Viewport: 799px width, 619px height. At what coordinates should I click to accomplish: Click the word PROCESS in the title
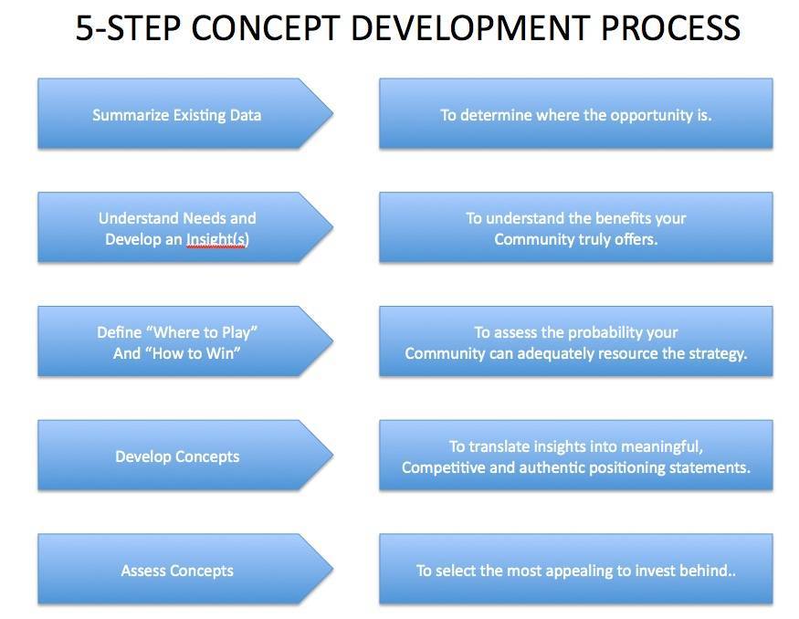pyautogui.click(x=670, y=28)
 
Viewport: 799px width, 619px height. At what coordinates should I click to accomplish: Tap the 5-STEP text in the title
pyautogui.click(x=128, y=28)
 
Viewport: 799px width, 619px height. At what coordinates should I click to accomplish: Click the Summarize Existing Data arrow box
pyautogui.click(x=185, y=113)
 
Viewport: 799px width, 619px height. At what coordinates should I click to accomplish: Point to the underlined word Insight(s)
pyautogui.click(x=217, y=239)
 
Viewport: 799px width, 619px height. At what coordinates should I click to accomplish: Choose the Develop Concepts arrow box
pyautogui.click(x=185, y=456)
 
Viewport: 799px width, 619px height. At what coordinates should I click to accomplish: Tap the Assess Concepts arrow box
pyautogui.click(x=185, y=569)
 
